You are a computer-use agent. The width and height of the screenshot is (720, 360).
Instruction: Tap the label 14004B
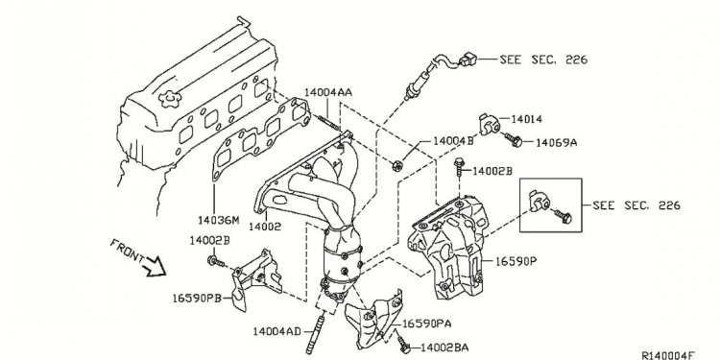click(453, 140)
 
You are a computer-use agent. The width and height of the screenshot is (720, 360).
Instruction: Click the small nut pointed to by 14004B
click(397, 168)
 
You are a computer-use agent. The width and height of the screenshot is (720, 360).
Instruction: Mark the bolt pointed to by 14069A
click(516, 143)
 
